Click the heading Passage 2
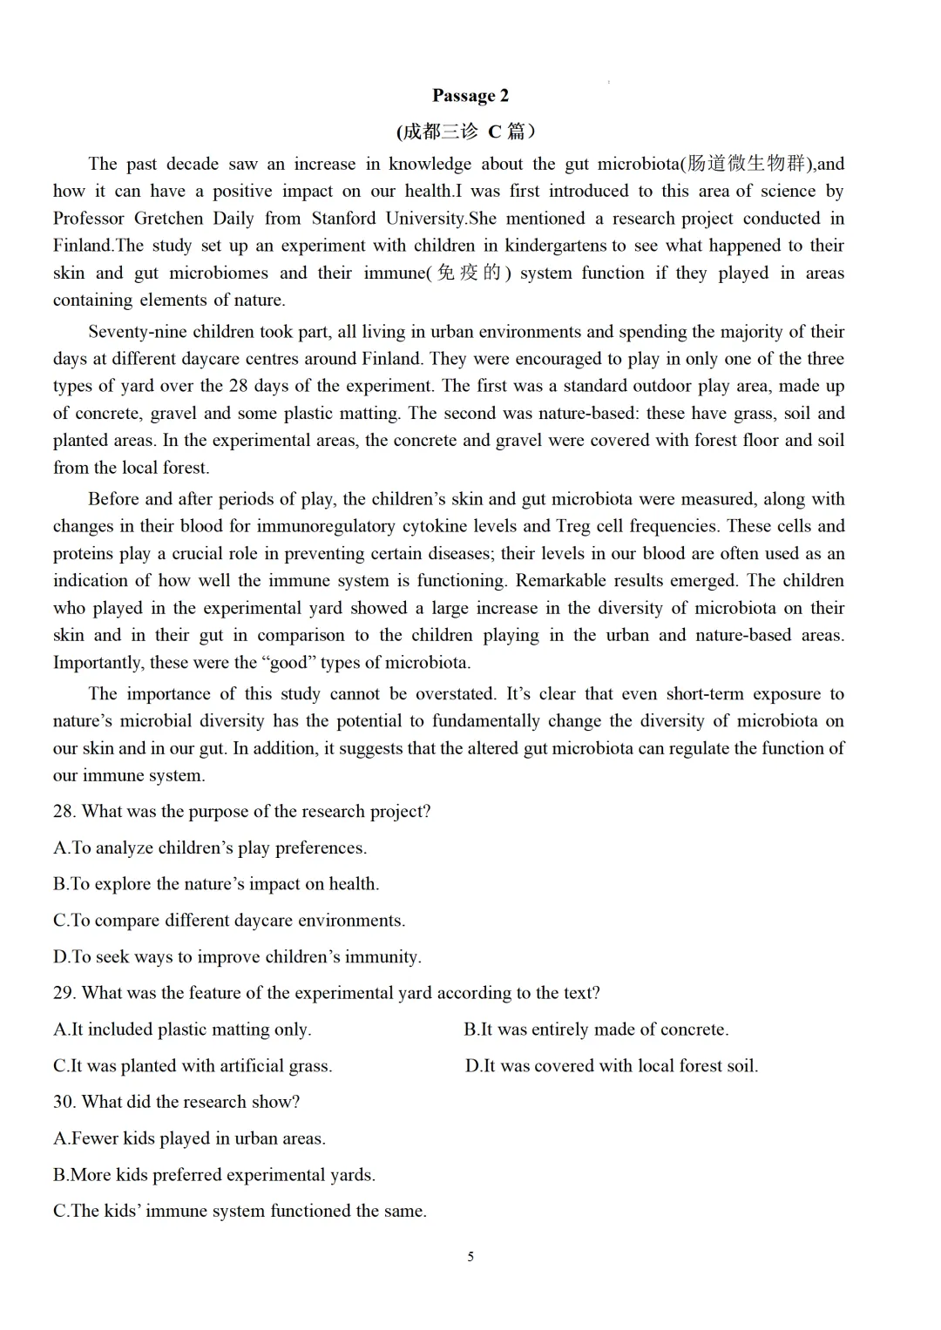click(x=470, y=96)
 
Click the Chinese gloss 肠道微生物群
click(x=745, y=164)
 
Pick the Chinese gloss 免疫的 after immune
click(x=470, y=273)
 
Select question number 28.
click(x=64, y=812)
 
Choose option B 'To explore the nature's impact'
click(x=216, y=884)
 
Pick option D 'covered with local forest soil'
click(x=612, y=1066)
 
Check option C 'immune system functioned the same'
click(x=240, y=1212)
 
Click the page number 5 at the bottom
click(x=470, y=1257)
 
